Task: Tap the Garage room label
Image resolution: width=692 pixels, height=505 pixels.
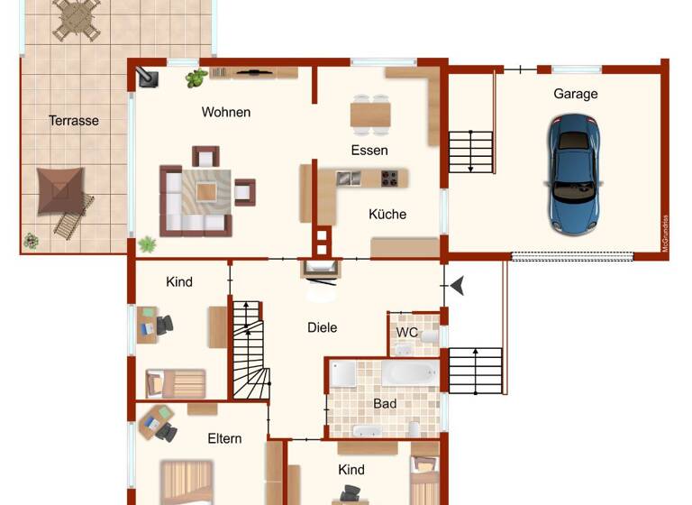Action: click(575, 94)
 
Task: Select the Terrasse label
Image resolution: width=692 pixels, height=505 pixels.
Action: click(74, 120)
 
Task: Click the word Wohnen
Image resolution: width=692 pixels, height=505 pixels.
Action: click(226, 113)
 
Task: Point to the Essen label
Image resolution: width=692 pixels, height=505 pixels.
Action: click(369, 151)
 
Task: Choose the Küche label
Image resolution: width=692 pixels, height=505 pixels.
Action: click(387, 215)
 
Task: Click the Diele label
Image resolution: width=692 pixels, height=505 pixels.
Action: click(322, 327)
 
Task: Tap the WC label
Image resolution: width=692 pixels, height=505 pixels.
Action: click(407, 332)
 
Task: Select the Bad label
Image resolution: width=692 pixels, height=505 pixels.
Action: click(385, 403)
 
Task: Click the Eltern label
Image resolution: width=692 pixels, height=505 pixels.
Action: click(224, 438)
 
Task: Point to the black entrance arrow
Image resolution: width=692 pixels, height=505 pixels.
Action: click(458, 286)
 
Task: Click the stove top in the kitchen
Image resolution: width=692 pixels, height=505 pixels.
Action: click(390, 178)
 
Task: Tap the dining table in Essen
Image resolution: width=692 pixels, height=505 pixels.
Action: click(370, 115)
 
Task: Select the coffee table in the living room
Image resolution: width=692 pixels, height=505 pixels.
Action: click(206, 191)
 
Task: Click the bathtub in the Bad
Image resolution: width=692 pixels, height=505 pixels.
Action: click(409, 373)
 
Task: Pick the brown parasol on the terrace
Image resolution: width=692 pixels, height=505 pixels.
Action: click(61, 189)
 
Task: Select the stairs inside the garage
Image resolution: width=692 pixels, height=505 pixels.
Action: click(471, 151)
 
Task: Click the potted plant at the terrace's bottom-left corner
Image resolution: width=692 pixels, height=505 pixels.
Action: click(32, 241)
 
